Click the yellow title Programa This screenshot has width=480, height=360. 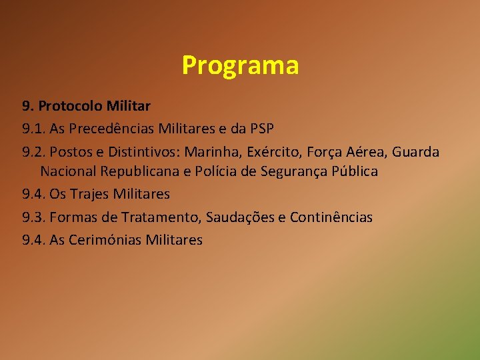(240, 65)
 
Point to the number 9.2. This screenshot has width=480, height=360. (34, 152)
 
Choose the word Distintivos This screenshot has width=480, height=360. (145, 152)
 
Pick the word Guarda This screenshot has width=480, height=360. (415, 152)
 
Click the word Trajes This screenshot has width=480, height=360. (89, 195)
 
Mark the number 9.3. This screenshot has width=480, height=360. (34, 217)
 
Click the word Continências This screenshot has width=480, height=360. (331, 217)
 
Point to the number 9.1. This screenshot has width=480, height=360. (34, 129)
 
